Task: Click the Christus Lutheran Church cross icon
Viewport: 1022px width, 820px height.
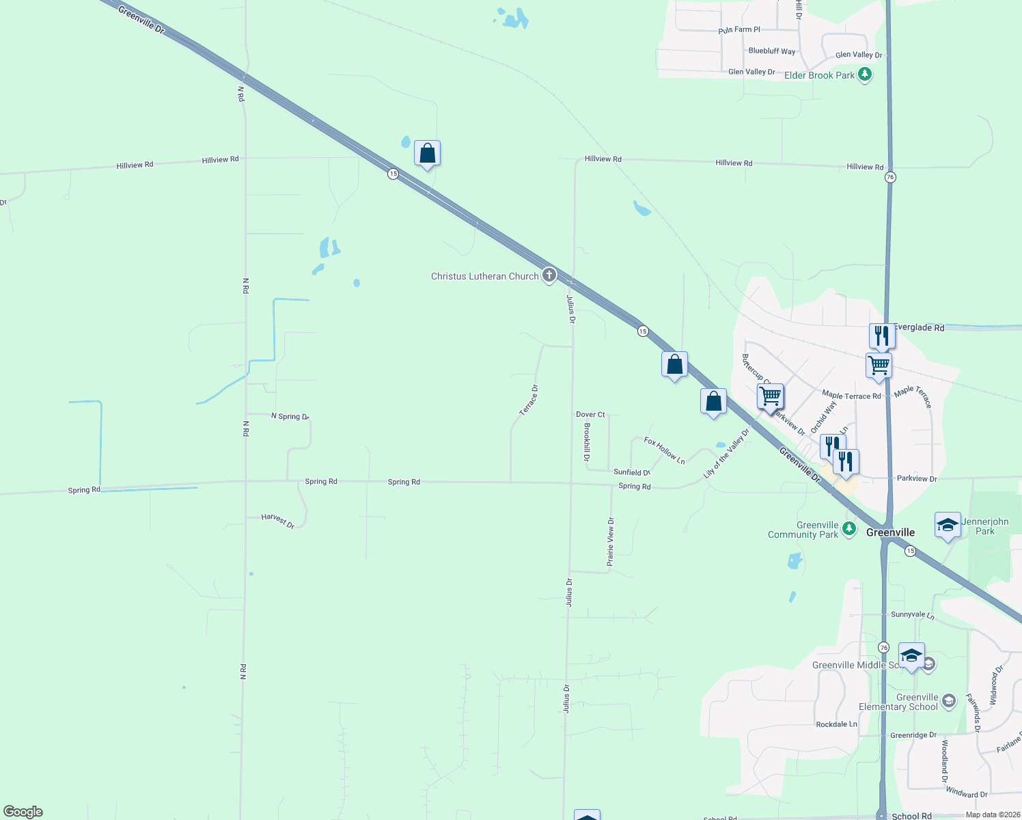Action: tap(549, 275)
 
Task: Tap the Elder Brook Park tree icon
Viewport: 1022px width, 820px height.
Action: tap(865, 74)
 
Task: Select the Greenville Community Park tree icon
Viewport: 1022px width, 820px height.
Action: tap(849, 528)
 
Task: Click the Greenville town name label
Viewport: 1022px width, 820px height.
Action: tap(890, 532)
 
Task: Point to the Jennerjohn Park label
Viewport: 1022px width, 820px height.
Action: tap(984, 526)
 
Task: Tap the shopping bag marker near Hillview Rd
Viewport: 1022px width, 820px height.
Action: tap(427, 154)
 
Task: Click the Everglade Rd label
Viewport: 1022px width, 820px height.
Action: tap(919, 328)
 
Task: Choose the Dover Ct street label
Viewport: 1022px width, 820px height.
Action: tap(590, 415)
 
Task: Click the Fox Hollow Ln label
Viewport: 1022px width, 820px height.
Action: tap(664, 452)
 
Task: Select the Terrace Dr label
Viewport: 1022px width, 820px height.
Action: tap(529, 400)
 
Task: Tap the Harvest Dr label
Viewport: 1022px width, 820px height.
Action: tap(277, 521)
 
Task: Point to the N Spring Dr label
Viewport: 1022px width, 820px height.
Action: tap(290, 416)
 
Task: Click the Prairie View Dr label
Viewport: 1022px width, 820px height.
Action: tap(611, 541)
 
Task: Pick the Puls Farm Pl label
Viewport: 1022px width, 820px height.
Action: tap(739, 30)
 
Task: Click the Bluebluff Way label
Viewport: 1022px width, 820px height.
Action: tap(772, 51)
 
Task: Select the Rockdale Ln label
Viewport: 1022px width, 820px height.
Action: tap(836, 724)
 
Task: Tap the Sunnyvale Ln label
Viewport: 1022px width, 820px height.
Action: tap(912, 615)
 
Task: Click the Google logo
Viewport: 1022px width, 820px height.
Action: tap(23, 812)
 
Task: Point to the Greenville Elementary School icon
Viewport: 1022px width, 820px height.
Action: tap(948, 700)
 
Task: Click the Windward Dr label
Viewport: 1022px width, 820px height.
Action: tap(966, 793)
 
